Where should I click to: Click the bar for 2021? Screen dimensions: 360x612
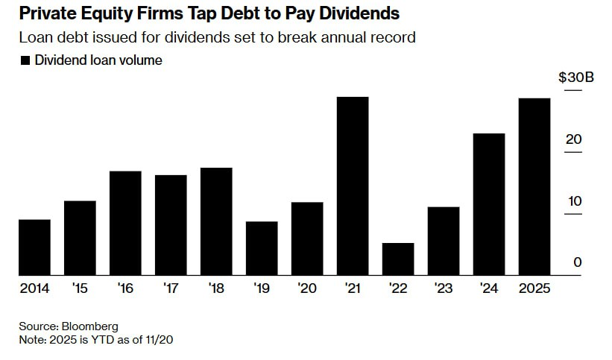click(x=353, y=186)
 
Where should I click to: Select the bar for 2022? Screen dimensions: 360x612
click(x=398, y=259)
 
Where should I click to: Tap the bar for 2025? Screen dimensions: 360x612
click(x=534, y=186)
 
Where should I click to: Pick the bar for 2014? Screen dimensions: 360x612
click(x=34, y=247)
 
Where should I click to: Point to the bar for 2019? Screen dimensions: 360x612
click(x=262, y=248)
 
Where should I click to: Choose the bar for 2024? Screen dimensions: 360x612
click(x=489, y=204)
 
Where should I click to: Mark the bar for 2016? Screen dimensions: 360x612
click(x=125, y=223)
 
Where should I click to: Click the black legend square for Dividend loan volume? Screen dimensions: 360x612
click(x=26, y=61)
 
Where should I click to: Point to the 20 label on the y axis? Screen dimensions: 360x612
click(x=573, y=139)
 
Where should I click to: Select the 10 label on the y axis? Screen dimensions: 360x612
click(x=573, y=201)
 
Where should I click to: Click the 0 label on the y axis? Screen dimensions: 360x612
click(x=578, y=262)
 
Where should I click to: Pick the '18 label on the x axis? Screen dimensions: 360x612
click(x=216, y=288)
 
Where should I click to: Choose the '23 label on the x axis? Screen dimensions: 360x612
click(x=444, y=288)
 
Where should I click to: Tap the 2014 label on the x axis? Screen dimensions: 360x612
click(x=34, y=288)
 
